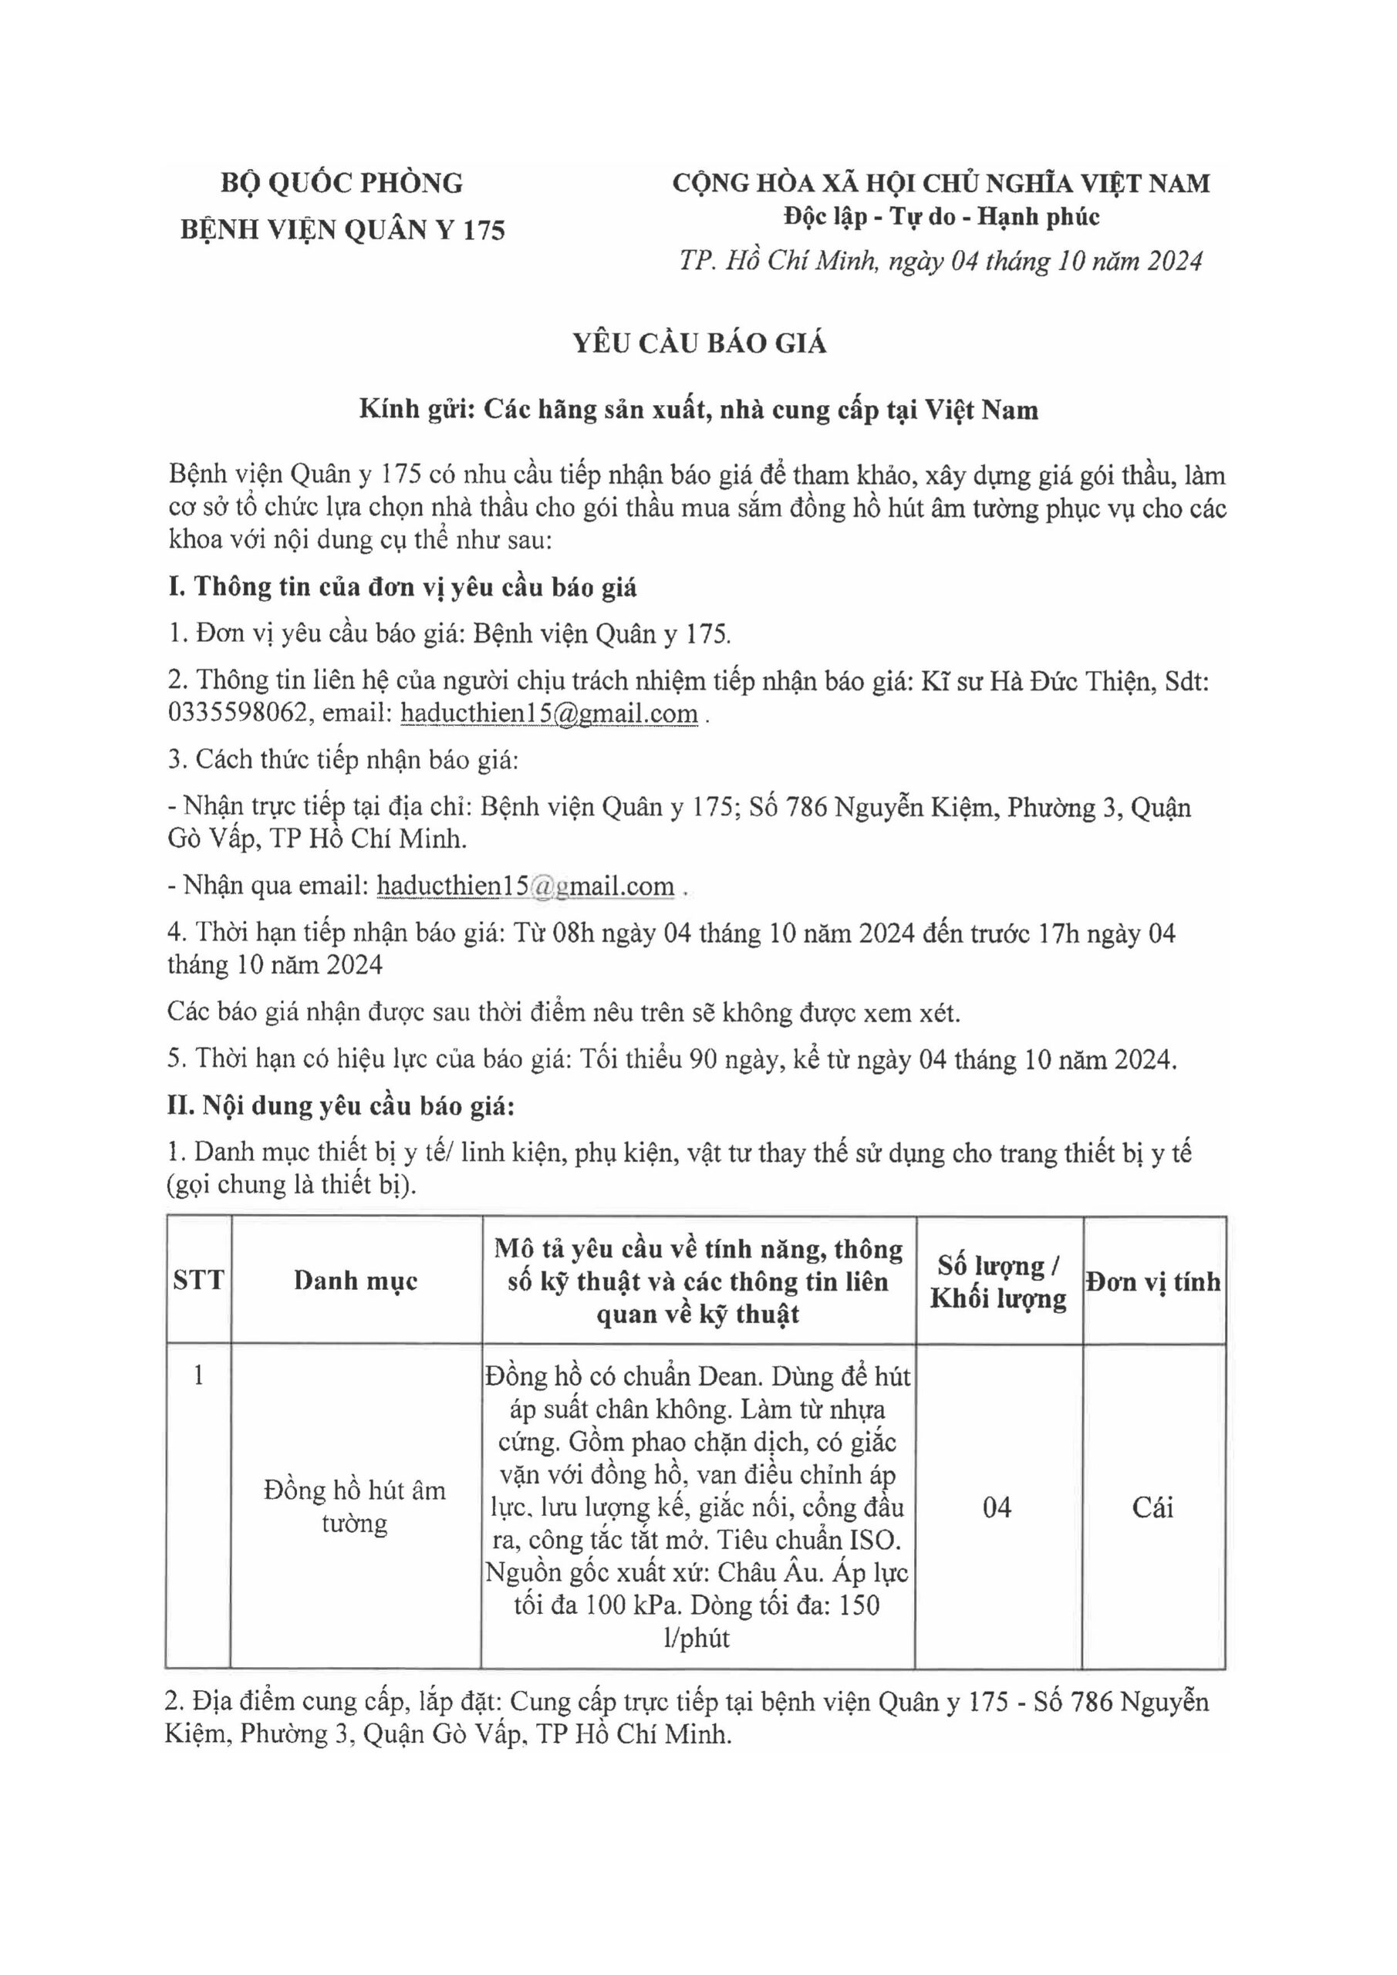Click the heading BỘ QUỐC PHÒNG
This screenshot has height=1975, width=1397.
pos(342,183)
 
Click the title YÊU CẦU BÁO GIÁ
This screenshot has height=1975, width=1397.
pos(700,343)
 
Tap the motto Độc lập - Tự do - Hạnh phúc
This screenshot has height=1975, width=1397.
pos(941,217)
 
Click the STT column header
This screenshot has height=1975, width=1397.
pos(199,1281)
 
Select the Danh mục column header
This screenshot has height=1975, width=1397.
pos(356,1281)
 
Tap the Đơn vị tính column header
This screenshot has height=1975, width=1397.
pos(1152,1281)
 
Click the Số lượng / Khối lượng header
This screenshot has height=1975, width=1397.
pos(998,1281)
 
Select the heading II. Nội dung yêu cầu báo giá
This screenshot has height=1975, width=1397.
pos(341,1106)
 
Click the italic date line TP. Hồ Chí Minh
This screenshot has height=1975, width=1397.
pos(940,261)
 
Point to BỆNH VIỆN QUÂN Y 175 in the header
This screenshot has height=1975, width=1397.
pos(342,230)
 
